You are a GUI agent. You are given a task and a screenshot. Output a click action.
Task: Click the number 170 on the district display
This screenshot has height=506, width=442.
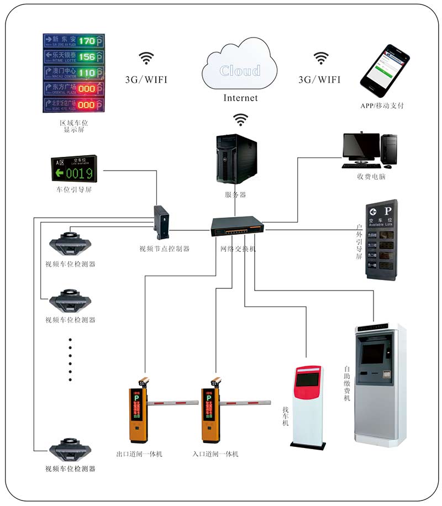86,41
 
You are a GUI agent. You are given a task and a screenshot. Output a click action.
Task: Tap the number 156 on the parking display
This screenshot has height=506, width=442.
86,57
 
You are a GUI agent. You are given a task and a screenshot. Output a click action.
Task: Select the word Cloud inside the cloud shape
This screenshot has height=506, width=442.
240,71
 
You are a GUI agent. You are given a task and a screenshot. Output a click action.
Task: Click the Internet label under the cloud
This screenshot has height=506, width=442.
240,98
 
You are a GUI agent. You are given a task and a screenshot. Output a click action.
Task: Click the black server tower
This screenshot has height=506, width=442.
236,160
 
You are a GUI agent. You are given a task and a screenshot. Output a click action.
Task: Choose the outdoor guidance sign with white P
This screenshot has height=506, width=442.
382,240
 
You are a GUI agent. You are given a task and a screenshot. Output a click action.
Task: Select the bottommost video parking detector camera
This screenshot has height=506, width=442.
70,450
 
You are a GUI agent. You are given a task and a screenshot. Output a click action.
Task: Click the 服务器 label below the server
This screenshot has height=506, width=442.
235,194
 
